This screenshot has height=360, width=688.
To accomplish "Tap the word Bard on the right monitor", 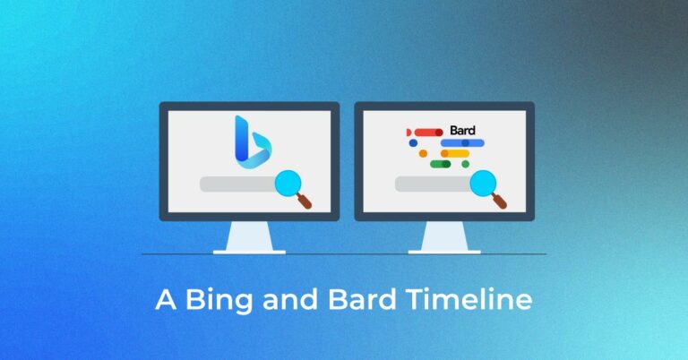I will click(462, 131).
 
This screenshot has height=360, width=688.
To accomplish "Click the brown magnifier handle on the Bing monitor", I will click(305, 202).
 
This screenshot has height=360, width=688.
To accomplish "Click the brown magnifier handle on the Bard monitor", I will click(500, 202).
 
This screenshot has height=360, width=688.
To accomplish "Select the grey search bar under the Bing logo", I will click(236, 184).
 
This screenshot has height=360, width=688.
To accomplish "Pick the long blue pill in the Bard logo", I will click(462, 142).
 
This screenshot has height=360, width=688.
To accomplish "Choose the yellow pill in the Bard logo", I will click(457, 153).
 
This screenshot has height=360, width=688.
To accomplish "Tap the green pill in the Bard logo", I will click(439, 164).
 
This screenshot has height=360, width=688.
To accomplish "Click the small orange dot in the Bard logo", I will click(423, 153).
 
